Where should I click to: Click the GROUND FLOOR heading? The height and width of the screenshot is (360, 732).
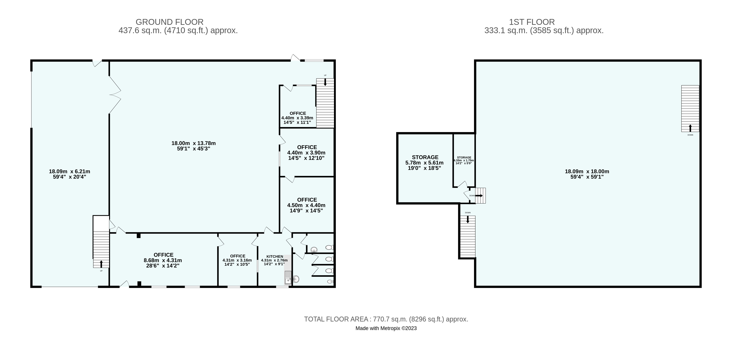170,22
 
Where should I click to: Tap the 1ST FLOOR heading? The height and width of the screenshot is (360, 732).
532,22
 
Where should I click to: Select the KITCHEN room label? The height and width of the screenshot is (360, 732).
275,256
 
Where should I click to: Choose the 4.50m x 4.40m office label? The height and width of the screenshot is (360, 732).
307,205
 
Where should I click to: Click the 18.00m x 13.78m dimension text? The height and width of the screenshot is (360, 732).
193,146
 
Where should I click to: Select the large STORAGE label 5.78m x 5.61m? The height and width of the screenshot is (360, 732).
425,163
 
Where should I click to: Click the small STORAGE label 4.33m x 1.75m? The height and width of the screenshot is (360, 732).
464,160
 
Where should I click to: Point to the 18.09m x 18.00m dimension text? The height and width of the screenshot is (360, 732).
587,174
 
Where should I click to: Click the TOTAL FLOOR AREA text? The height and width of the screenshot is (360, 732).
386,319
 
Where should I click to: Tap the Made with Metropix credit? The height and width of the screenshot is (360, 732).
386,328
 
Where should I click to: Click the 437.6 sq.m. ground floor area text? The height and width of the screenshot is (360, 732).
178,30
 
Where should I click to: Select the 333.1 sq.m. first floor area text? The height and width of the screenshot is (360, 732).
544,30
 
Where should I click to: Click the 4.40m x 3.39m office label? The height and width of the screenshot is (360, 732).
297,118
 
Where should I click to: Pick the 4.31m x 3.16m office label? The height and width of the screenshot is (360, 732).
237,260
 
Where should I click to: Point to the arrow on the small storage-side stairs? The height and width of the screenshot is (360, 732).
479,196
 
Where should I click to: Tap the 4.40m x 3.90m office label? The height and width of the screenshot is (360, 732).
307,153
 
